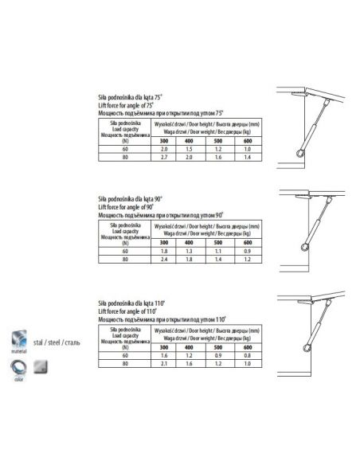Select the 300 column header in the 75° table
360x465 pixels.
165,141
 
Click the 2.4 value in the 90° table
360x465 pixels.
165,260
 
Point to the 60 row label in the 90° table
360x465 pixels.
125,251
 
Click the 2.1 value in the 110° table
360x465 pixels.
165,362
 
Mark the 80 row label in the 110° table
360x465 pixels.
125,362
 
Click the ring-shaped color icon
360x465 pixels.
16,368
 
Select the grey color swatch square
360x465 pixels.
40,368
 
